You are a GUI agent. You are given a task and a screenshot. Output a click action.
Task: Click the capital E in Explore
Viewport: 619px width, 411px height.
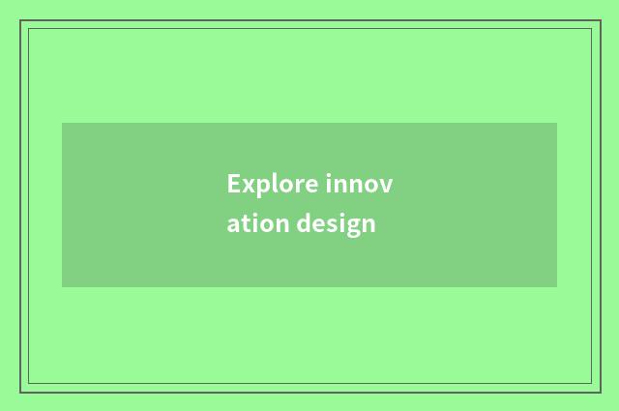click(x=233, y=184)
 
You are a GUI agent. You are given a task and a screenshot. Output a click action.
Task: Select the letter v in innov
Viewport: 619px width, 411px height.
click(x=387, y=185)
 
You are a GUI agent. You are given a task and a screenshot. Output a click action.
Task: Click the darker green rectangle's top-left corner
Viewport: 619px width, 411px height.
click(x=62, y=123)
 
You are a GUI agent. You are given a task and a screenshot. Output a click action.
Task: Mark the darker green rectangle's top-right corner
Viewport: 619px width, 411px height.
click(x=557, y=123)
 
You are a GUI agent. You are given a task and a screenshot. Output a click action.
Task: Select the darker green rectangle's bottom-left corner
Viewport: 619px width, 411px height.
click(x=62, y=287)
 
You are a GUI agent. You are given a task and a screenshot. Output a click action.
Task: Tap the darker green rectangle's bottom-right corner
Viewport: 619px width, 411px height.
click(x=557, y=287)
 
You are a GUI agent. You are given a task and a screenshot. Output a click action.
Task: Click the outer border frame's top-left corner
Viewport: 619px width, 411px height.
click(x=20, y=20)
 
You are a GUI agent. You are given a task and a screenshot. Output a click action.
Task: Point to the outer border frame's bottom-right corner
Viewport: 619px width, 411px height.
click(x=599, y=392)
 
